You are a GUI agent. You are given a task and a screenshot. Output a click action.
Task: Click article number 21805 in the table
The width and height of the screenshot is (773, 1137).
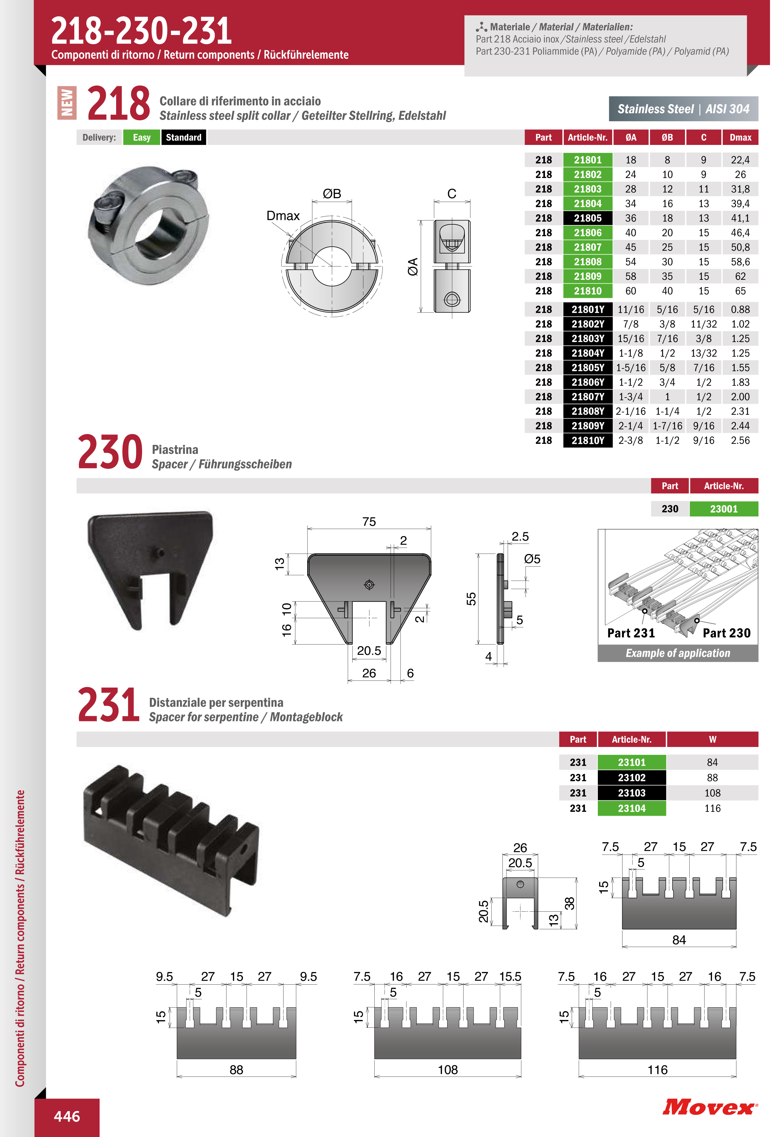pos(587,218)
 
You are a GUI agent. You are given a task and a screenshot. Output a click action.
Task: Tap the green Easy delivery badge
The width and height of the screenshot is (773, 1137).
pos(141,137)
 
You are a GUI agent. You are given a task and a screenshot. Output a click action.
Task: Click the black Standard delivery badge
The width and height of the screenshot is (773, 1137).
pos(184,137)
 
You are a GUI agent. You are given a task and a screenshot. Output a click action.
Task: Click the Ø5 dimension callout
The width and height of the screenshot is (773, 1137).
pos(532,559)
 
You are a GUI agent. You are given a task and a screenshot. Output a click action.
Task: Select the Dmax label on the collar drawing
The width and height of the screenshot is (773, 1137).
pos(283,216)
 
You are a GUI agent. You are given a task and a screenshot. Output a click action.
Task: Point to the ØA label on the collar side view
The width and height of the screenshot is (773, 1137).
pos(413,266)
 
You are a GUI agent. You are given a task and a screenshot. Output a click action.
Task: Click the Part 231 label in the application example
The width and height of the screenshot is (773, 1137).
pos(631,633)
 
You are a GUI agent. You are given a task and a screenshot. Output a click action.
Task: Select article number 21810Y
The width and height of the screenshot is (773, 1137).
pos(587,440)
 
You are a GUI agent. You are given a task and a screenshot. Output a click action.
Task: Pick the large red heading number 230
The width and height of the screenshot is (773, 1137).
pos(110,452)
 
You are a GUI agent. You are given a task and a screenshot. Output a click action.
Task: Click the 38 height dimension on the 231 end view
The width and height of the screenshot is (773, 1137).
pos(569,903)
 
